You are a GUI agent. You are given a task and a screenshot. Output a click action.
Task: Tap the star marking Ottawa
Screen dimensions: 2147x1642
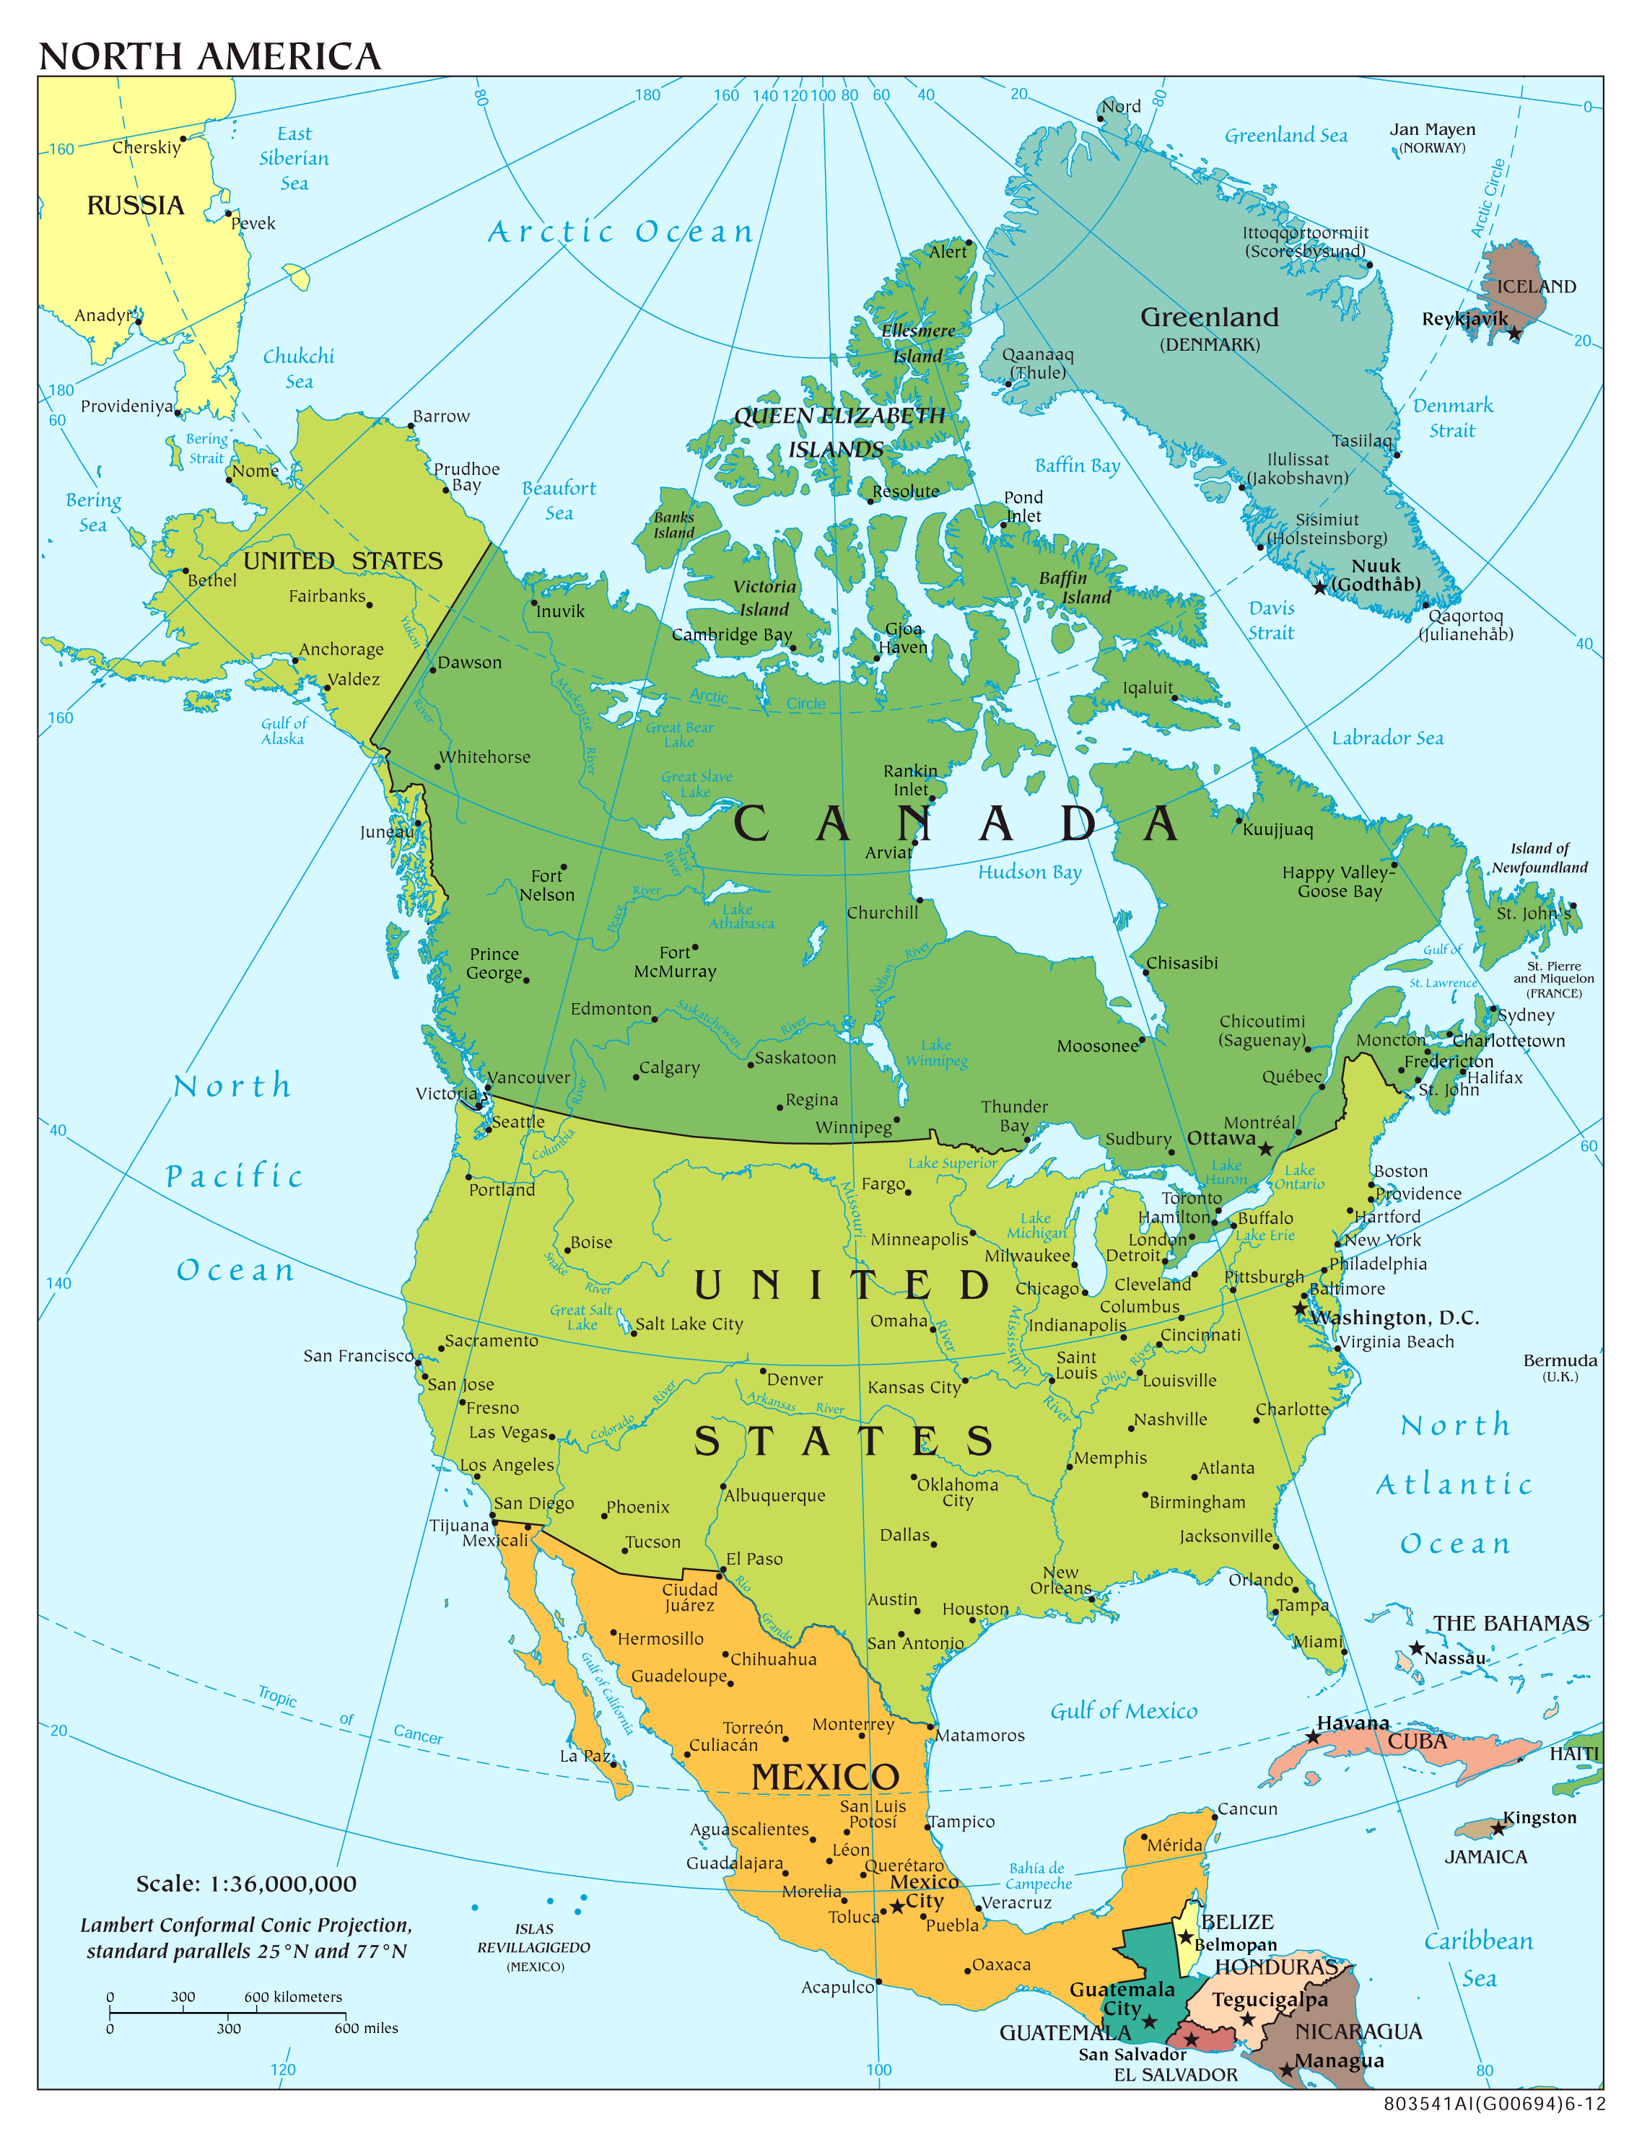1266,1149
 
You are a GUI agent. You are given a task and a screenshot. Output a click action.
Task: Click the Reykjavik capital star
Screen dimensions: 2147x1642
1514,334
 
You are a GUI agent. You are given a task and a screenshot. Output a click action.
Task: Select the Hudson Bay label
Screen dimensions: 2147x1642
1029,872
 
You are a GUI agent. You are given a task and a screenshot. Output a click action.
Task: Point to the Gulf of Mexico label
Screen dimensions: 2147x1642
1123,1710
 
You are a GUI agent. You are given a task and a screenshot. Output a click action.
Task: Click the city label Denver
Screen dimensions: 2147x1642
795,1379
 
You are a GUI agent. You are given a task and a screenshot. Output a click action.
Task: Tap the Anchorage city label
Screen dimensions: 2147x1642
341,649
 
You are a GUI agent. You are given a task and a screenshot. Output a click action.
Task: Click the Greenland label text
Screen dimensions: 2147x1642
1209,318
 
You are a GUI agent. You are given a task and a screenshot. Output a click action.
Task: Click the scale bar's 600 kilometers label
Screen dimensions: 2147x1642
293,1996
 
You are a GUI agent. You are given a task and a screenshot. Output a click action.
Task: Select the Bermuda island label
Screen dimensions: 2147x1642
1560,1360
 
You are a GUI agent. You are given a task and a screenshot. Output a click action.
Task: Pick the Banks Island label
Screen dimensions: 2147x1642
673,525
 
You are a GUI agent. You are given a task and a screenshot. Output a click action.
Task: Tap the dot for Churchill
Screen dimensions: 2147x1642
919,900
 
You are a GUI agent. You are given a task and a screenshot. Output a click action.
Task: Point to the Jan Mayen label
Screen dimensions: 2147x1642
1432,130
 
